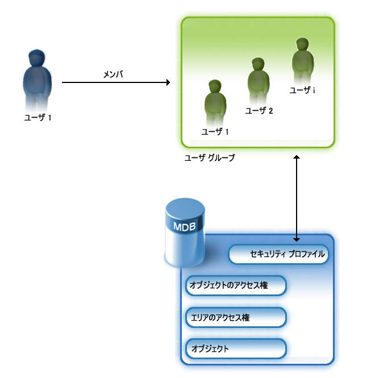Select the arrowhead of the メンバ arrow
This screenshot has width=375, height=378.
tap(167, 82)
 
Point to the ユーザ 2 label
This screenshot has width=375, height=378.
tap(259, 111)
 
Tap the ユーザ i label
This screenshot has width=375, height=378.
tap(302, 90)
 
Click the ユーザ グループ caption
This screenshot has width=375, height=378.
tap(210, 158)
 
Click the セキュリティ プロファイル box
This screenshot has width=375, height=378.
tap(279, 255)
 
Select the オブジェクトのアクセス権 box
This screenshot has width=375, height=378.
tap(235, 286)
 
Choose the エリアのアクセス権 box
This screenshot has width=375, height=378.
tap(235, 317)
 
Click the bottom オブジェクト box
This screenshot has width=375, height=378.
tap(235, 348)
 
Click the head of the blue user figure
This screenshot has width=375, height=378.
tap(37, 57)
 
